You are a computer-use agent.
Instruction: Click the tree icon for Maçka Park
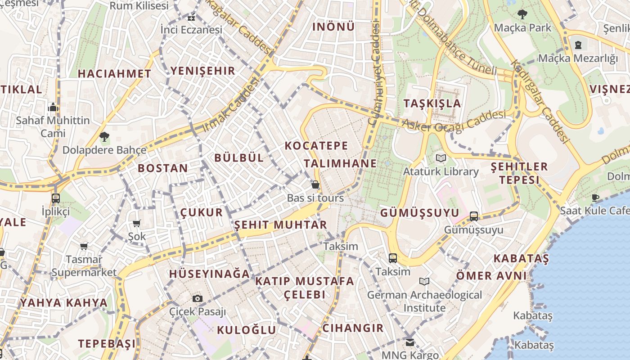(x=522, y=14)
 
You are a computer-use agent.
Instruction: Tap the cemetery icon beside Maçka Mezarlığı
(x=578, y=45)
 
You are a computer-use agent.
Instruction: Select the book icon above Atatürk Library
(x=441, y=158)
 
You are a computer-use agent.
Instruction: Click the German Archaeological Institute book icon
(x=424, y=281)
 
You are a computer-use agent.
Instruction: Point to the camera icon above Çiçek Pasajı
(x=197, y=298)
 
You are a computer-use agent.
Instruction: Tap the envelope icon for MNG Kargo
(x=409, y=342)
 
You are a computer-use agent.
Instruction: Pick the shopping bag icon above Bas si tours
(x=315, y=184)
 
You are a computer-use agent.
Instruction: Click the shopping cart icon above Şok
(x=137, y=223)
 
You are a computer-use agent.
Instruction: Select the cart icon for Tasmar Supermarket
(x=84, y=246)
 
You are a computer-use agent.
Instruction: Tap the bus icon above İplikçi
(x=56, y=198)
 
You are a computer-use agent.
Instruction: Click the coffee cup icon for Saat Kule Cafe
(x=595, y=197)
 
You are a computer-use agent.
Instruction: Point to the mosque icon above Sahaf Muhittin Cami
(x=53, y=108)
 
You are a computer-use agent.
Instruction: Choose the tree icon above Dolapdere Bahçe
(x=104, y=136)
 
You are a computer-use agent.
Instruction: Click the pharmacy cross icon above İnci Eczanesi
(x=191, y=18)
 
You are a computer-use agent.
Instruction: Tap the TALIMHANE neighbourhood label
(x=334, y=163)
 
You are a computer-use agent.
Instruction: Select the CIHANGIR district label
(x=353, y=328)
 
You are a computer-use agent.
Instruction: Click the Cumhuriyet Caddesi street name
(x=374, y=74)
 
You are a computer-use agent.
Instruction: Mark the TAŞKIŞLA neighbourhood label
(x=432, y=103)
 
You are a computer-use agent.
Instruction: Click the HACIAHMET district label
(x=114, y=74)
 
